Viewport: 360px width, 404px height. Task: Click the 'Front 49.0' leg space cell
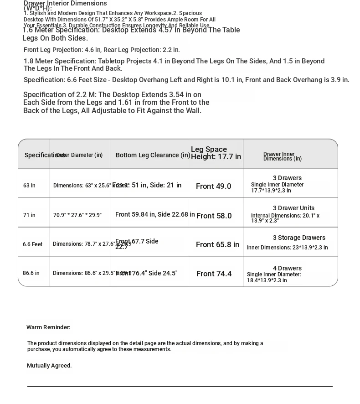213,186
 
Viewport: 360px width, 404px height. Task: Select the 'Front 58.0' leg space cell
214,216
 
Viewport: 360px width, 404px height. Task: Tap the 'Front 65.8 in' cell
217,245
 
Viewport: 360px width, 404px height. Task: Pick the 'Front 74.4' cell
214,274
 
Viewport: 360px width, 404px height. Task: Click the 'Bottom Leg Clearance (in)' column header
153,155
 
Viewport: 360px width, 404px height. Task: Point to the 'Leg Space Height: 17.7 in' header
216,153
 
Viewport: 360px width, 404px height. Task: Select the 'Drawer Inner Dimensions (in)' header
282,156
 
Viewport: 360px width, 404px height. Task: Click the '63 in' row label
29,186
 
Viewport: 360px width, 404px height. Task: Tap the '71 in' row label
29,215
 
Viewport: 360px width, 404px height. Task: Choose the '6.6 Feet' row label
32,244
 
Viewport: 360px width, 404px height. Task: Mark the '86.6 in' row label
31,273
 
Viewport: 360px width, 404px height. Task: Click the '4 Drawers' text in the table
287,268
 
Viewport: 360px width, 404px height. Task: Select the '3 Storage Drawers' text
299,238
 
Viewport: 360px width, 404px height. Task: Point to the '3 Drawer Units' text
293,208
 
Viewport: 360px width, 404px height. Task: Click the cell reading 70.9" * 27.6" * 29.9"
77,215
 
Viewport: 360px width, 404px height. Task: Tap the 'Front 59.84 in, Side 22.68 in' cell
155,214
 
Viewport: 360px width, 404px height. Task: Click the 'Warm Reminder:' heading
48,327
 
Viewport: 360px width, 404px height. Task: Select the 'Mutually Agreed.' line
49,366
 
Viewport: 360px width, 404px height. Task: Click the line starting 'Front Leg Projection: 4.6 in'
102,50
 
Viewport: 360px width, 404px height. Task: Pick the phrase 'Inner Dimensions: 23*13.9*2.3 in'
287,248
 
